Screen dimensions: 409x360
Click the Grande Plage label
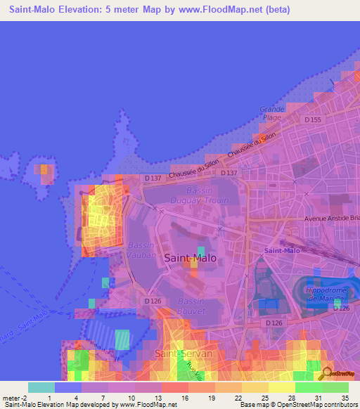pyautogui.click(x=271, y=113)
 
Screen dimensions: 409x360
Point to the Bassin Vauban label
pyautogui.click(x=143, y=250)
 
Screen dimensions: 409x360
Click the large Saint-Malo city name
pyautogui.click(x=191, y=258)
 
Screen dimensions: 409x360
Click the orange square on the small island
pyautogui.click(x=45, y=169)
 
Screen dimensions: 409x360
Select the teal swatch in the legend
pyautogui.click(x=41, y=387)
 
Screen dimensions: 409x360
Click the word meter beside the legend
pyautogui.click(x=13, y=397)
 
